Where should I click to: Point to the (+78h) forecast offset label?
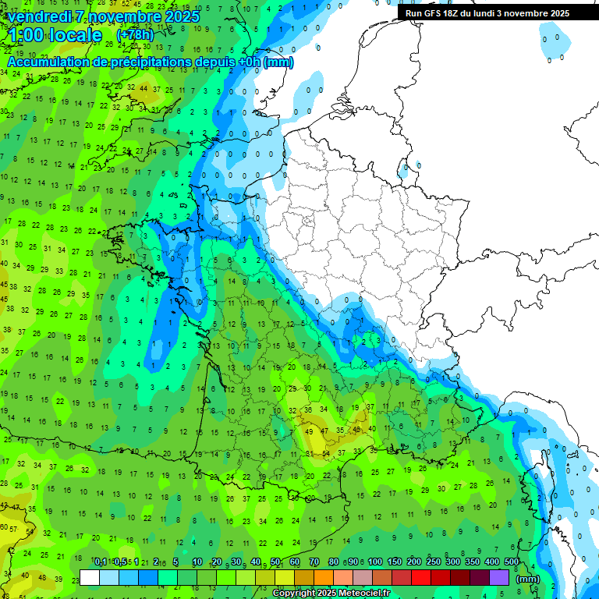click(135, 36)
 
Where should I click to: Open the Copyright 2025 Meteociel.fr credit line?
click(331, 594)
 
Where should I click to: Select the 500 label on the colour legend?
click(511, 562)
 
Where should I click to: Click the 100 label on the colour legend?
click(375, 562)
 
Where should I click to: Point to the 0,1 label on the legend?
click(101, 562)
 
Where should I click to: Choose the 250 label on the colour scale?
click(434, 562)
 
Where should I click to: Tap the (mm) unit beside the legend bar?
click(528, 579)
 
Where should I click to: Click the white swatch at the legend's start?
click(90, 578)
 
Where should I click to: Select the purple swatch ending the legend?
click(499, 578)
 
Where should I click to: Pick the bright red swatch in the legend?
click(421, 578)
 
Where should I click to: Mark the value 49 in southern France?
click(310, 431)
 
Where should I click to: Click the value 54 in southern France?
click(328, 453)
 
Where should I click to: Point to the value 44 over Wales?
click(144, 88)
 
